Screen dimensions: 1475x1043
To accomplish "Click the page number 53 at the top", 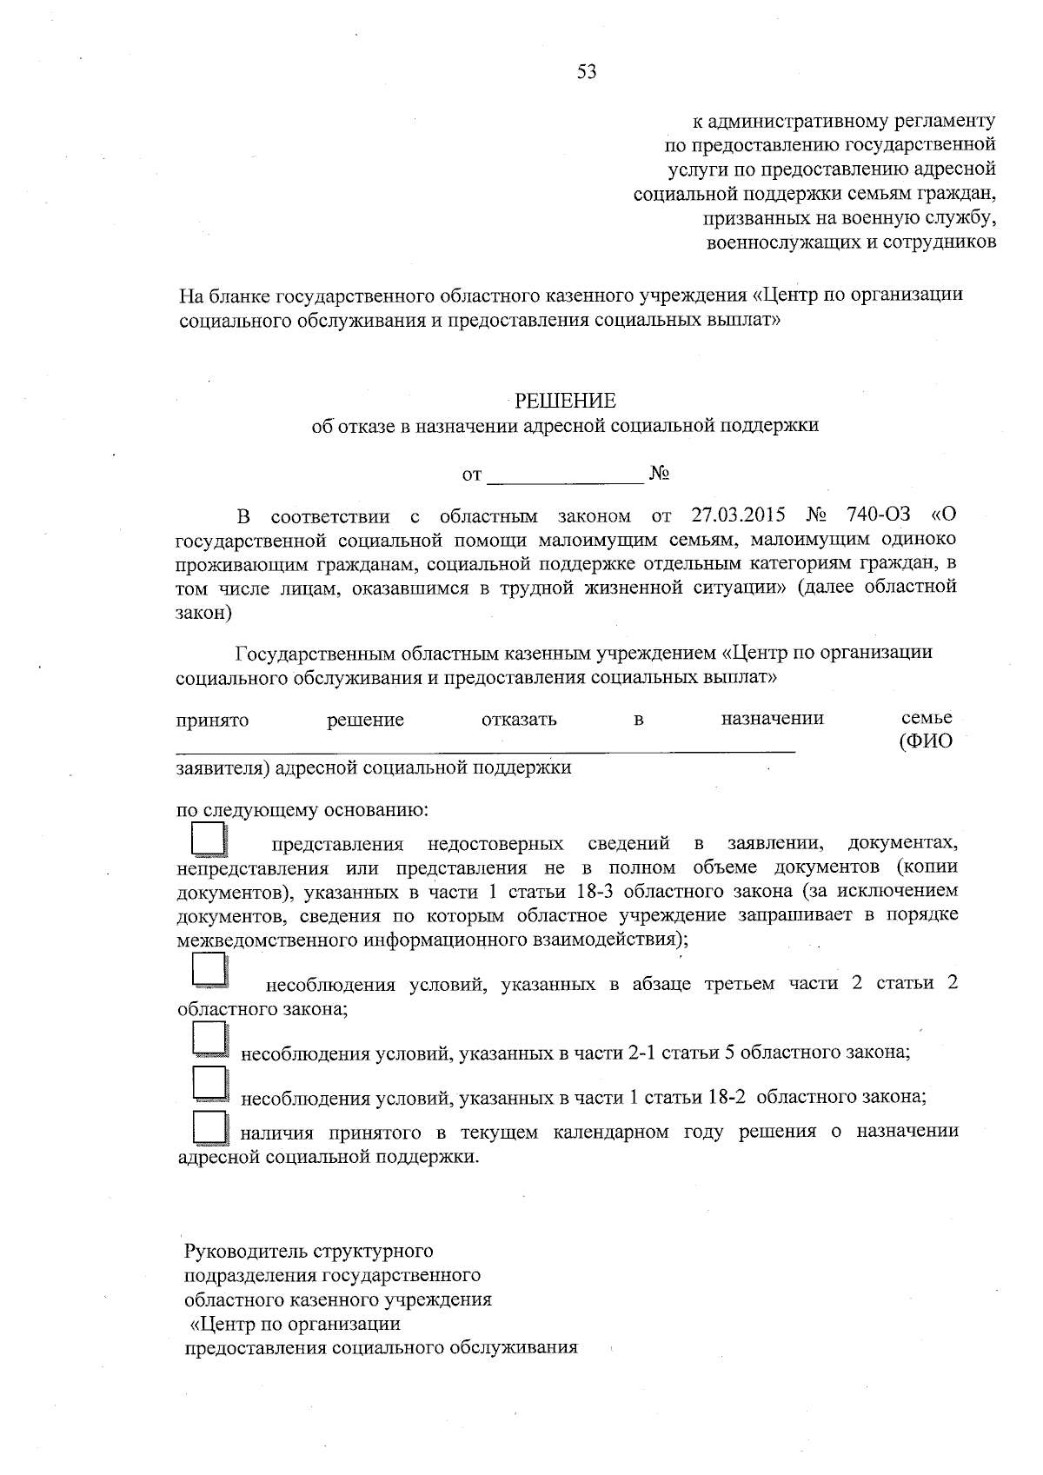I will coord(587,72).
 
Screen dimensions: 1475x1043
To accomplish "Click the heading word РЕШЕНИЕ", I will coord(565,401).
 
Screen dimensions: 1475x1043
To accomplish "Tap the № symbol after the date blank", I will coord(659,474).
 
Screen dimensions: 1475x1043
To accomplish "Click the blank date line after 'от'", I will coord(565,476).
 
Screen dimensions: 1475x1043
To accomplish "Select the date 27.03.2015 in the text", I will coord(736,515).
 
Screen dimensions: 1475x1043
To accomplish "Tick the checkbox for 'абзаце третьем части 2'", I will coord(209,970).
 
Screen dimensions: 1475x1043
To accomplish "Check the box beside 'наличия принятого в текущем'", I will coord(209,1127).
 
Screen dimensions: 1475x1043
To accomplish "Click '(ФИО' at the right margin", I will coord(927,742).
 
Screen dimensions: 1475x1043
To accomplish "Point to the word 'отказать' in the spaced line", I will coord(519,720).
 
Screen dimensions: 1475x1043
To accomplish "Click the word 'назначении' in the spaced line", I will coord(772,719).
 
